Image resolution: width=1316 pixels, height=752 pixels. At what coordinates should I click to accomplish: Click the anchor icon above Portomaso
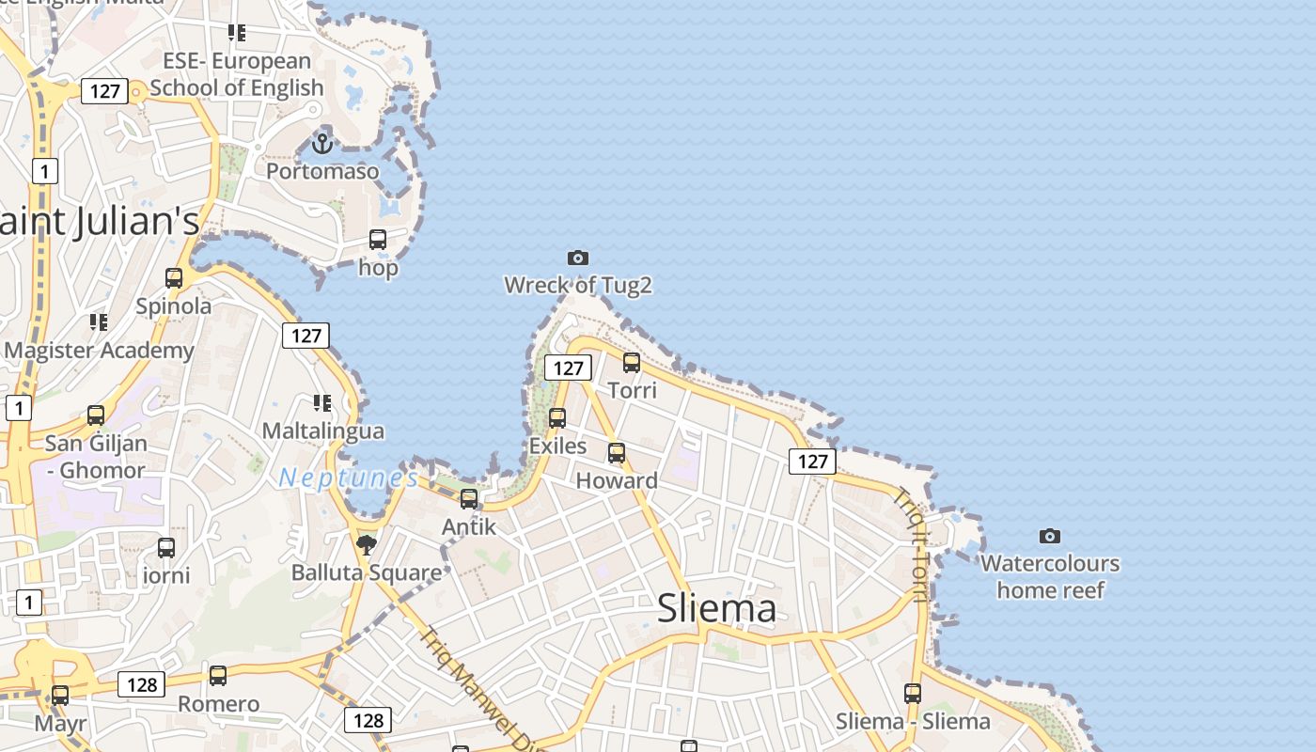coord(322,144)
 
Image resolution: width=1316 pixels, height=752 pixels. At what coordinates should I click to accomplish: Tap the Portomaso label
coord(322,171)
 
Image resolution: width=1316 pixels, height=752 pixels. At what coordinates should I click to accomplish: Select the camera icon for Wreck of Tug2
coord(578,258)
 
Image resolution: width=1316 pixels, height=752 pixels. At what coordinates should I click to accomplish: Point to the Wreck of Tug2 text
coord(578,285)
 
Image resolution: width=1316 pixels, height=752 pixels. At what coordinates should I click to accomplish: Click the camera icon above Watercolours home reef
coord(1050,536)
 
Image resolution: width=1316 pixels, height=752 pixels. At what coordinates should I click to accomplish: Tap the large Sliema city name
coord(717,608)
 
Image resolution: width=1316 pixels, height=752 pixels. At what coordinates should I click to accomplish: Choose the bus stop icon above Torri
coord(632,362)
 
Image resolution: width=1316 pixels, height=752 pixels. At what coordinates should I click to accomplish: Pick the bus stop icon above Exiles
coord(557,418)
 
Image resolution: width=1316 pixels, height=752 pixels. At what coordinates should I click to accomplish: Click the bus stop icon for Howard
coord(617,453)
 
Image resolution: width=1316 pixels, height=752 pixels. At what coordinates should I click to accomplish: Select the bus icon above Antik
coord(469,499)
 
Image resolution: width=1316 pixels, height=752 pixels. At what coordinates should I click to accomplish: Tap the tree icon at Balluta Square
coord(367,544)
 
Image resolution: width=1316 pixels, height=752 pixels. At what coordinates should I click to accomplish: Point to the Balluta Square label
coord(367,572)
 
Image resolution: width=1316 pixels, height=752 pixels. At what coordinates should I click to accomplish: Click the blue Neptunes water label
coord(349,478)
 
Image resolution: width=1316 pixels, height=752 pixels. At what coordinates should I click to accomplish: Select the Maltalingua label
coord(323,431)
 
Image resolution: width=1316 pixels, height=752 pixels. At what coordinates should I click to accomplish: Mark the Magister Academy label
coord(99,351)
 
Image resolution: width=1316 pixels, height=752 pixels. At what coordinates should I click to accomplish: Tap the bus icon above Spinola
coord(174,278)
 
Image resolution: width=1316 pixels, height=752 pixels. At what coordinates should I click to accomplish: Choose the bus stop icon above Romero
coord(218,675)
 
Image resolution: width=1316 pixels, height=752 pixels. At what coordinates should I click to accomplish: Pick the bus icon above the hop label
coord(378,240)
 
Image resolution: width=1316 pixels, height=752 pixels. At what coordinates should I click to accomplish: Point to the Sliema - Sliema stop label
coord(913,721)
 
